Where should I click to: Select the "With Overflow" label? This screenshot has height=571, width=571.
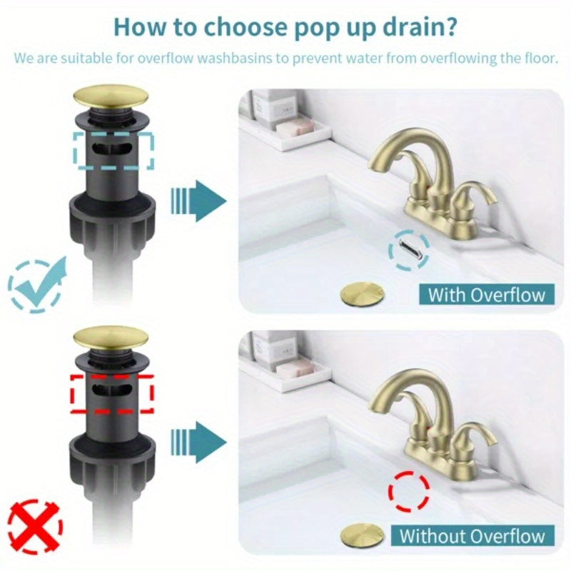(486, 294)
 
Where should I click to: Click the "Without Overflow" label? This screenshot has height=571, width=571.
(472, 535)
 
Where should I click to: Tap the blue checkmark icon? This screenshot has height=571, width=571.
(35, 285)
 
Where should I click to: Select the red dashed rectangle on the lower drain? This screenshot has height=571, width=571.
(113, 393)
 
